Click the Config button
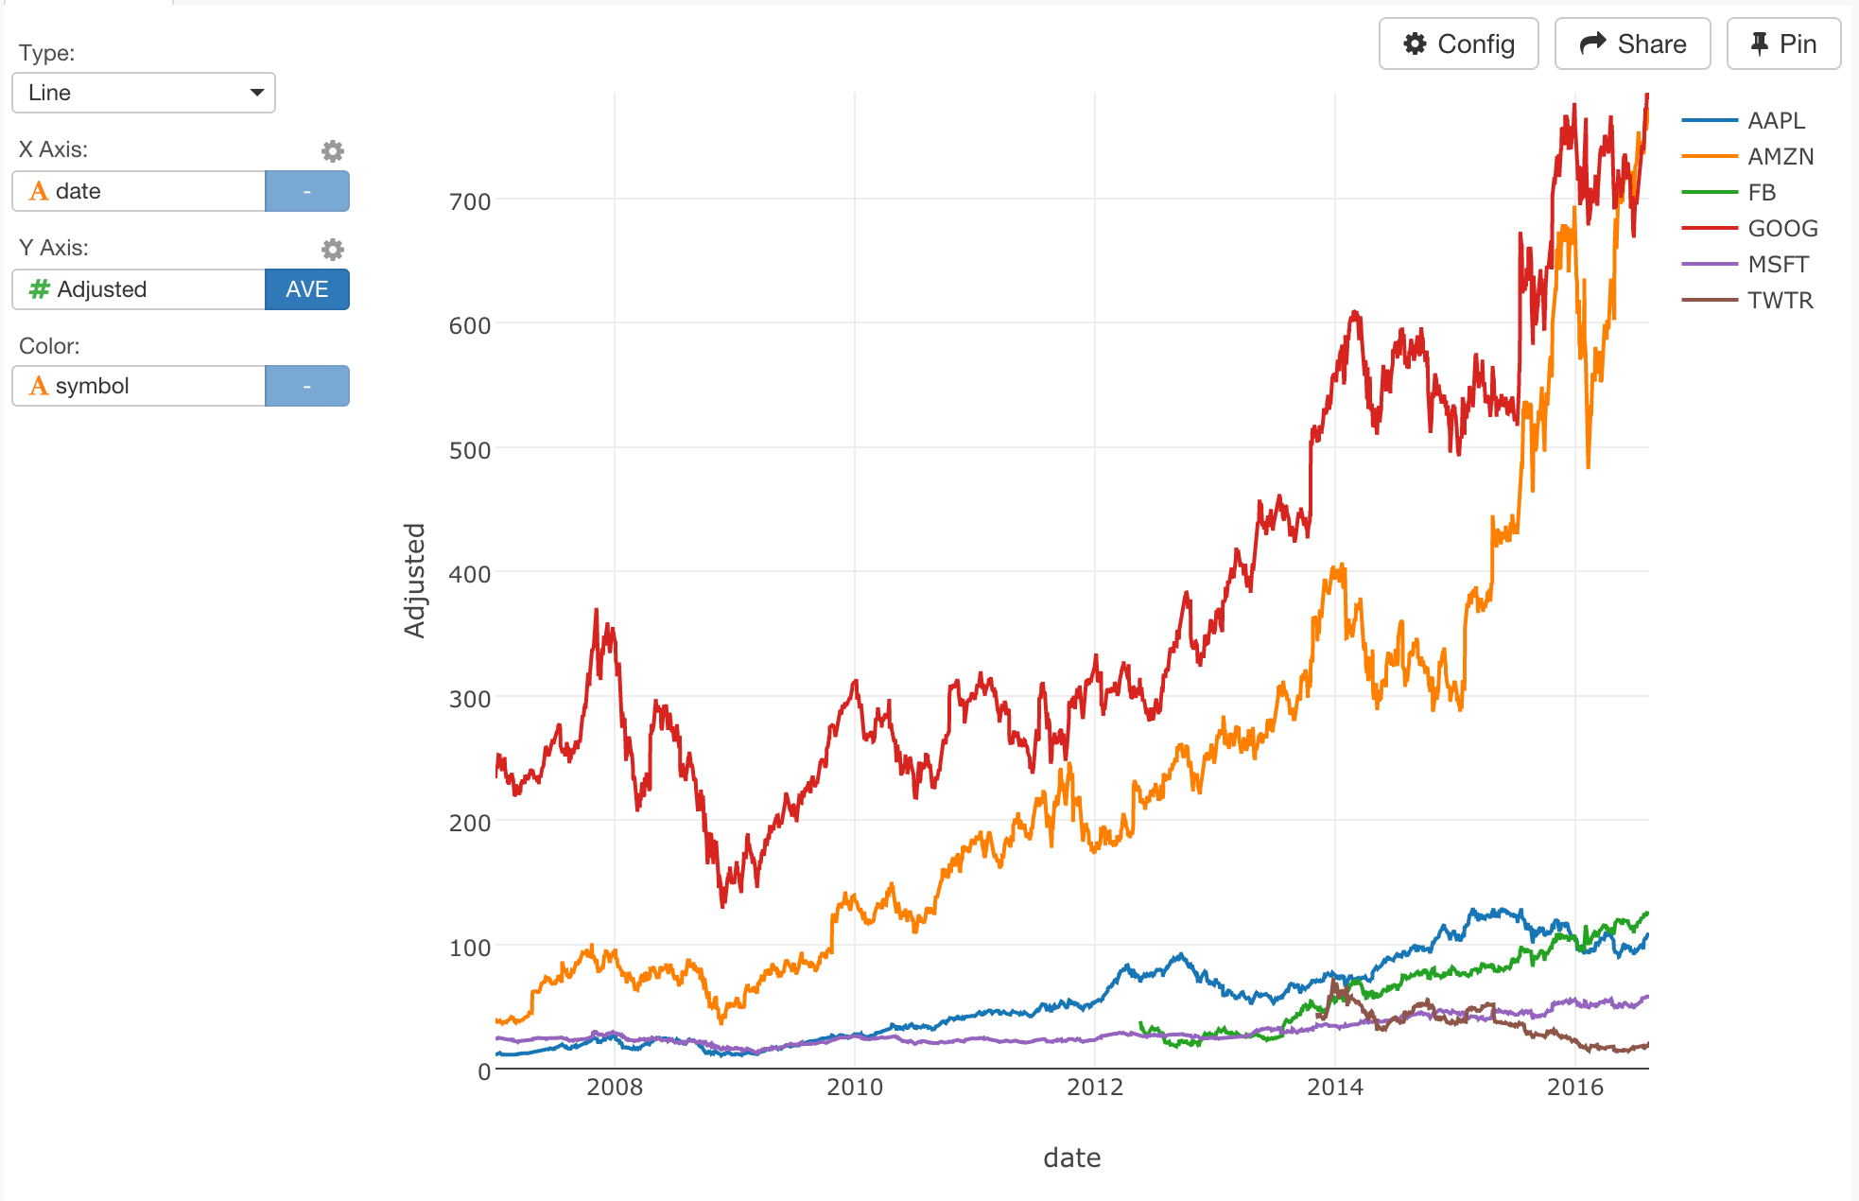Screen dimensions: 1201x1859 click(x=1458, y=44)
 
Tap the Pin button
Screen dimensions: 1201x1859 click(x=1783, y=44)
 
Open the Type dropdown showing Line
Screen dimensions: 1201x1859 click(x=144, y=93)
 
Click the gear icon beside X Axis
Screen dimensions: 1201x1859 click(x=332, y=151)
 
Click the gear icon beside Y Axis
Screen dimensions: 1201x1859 click(x=332, y=250)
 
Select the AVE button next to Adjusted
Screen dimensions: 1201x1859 click(x=306, y=289)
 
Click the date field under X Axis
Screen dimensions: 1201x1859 click(x=139, y=191)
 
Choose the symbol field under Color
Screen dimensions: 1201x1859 click(x=139, y=386)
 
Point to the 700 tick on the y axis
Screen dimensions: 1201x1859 click(x=470, y=201)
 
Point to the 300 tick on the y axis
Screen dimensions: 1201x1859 click(x=470, y=699)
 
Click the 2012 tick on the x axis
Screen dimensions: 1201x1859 click(x=1095, y=1088)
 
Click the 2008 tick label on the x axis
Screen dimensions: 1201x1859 click(x=615, y=1088)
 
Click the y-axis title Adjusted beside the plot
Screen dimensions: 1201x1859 click(x=414, y=581)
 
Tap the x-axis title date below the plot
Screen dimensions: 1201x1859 click(x=1071, y=1157)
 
